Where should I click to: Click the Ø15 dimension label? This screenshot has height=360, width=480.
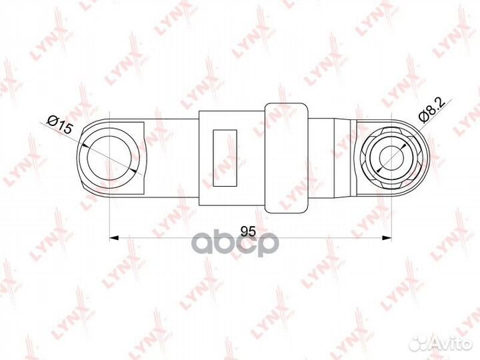click(60, 124)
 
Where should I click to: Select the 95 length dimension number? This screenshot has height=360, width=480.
click(248, 231)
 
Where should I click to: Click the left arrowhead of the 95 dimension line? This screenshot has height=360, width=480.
click(114, 237)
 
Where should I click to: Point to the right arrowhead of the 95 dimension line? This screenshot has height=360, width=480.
click(387, 237)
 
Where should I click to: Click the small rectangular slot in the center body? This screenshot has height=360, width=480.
click(225, 158)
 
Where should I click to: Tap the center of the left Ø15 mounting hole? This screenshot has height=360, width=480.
click(109, 158)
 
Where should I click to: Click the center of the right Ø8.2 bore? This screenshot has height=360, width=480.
click(391, 158)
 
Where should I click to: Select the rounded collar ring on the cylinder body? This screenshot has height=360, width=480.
click(286, 158)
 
